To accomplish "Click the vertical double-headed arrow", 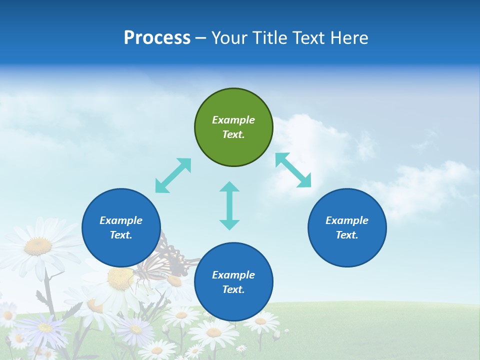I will pyautogui.click(x=229, y=205).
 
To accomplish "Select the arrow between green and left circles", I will pyautogui.click(x=173, y=175).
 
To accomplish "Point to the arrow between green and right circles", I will pyautogui.click(x=293, y=170).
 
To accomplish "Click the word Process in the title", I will pyautogui.click(x=157, y=38).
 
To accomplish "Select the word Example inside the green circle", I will pyautogui.click(x=233, y=120).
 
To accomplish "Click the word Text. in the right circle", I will pyautogui.click(x=347, y=235).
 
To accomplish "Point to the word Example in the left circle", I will pyautogui.click(x=121, y=220).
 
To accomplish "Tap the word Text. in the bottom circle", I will pyautogui.click(x=233, y=289).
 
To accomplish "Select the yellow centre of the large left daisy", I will pyautogui.click(x=38, y=246).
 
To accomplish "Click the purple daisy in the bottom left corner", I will pyautogui.click(x=44, y=328).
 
